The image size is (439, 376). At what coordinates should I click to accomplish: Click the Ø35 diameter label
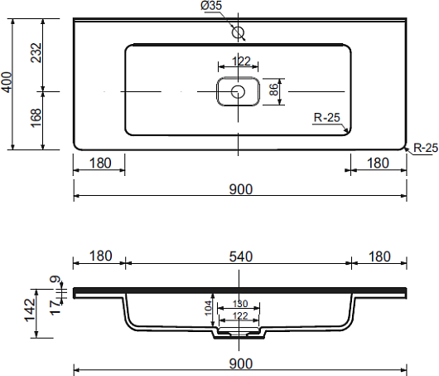coord(211,5)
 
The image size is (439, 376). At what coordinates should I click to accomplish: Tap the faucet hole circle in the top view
coord(239,32)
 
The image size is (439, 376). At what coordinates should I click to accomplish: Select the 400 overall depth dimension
coord(7,82)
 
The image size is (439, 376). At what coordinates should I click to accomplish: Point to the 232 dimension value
coord(36,52)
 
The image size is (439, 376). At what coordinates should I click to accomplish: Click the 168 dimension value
coord(36,118)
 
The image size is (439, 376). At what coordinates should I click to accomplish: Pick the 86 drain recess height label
coord(274,90)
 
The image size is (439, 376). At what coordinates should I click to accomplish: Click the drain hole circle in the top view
coord(238,92)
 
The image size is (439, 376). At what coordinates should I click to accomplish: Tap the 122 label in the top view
coord(241,61)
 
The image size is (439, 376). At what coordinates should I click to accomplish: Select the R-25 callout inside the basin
coord(326,117)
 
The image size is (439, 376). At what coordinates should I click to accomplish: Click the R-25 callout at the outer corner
coord(426,148)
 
